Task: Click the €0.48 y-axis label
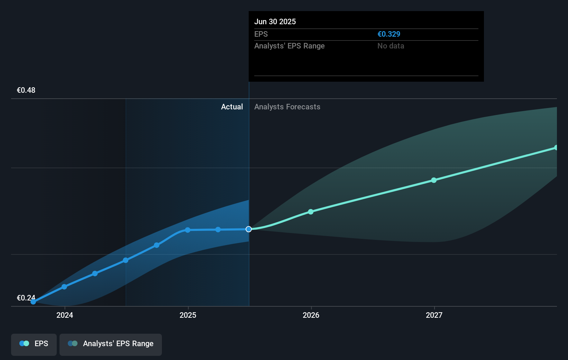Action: (26, 90)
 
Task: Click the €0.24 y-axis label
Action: (26, 298)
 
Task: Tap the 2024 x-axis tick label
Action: (65, 315)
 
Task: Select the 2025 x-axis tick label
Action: (188, 315)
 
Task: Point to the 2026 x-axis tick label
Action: (311, 315)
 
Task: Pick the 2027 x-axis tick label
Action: (434, 315)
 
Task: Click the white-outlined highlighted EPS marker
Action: (249, 229)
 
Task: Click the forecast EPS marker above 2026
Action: (311, 211)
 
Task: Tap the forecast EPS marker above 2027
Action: (434, 180)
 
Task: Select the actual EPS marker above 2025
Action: (187, 230)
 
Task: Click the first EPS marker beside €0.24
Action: (33, 302)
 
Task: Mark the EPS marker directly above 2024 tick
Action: (64, 287)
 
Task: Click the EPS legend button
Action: (34, 344)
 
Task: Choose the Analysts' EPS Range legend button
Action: (111, 344)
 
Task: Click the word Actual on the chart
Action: (232, 107)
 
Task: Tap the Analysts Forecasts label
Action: (287, 107)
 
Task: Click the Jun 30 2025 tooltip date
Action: (275, 21)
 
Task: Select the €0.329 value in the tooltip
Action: (389, 34)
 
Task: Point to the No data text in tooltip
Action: (391, 46)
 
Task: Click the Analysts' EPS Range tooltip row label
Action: (289, 46)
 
